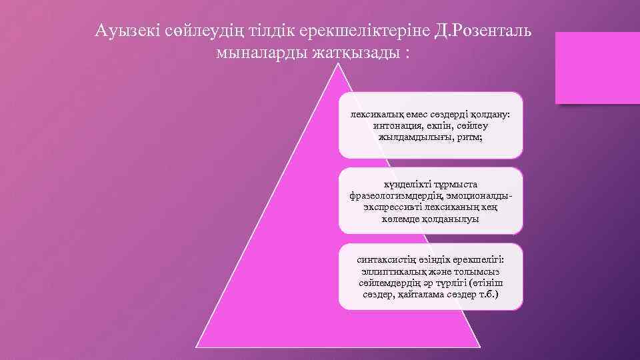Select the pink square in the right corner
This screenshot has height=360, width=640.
[x=597, y=68]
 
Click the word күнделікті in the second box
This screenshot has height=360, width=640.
[x=406, y=184]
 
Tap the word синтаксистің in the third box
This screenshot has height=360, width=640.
[x=386, y=260]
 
